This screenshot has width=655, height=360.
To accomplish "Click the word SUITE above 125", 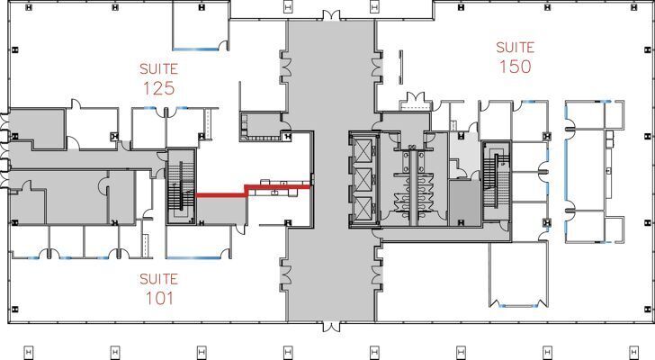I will pos(157,68).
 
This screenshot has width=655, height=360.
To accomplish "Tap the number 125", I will pos(157,88).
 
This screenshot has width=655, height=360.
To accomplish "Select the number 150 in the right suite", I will pos(515,67).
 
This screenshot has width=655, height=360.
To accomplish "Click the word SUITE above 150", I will pos(515,47).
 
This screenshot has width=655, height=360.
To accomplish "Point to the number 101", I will pos(157,298).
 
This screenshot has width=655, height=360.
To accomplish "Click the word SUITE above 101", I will pos(157,279).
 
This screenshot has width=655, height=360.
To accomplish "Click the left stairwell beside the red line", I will pos(180,186).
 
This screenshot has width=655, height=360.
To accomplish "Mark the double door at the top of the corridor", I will pos(330,15).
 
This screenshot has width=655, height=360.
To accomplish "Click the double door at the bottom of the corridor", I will pos(330,325).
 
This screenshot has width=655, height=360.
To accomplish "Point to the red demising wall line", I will pos(252,190).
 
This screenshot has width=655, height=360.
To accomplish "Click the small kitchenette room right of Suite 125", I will pos(261,126).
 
